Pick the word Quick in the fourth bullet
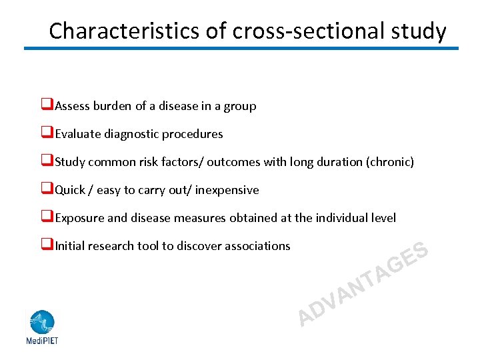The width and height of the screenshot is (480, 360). coord(70,190)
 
